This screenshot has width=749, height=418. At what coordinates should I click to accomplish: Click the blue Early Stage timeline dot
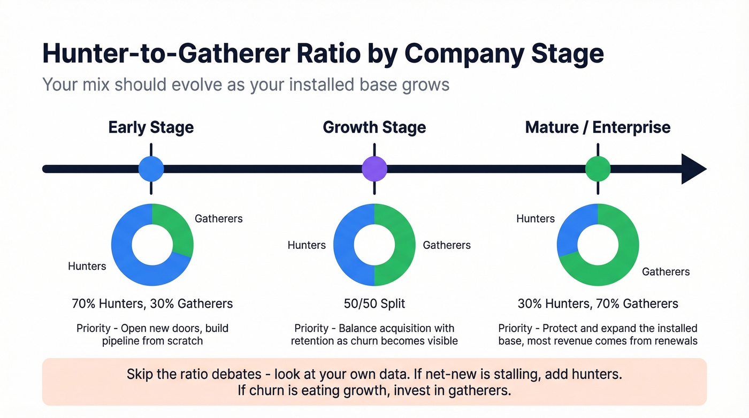pyautogui.click(x=151, y=169)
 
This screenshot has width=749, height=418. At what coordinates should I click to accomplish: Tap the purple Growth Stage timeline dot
pyautogui.click(x=374, y=169)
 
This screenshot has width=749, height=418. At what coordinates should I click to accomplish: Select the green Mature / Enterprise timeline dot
pyautogui.click(x=598, y=169)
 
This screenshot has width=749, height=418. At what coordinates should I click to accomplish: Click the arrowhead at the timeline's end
pyautogui.click(x=693, y=169)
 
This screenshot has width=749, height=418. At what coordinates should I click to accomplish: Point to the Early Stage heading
pyautogui.click(x=151, y=127)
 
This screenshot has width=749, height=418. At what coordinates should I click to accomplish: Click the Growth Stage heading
pyautogui.click(x=374, y=127)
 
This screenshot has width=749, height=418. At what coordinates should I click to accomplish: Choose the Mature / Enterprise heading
pyautogui.click(x=598, y=127)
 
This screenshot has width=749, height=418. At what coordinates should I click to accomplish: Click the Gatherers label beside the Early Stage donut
pyautogui.click(x=218, y=218)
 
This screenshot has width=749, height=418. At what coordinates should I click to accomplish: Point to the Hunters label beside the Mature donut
pyautogui.click(x=535, y=218)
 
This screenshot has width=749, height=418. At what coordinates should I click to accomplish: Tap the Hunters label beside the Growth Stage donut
pyautogui.click(x=307, y=245)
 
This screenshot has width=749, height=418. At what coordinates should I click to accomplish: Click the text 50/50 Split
pyautogui.click(x=374, y=304)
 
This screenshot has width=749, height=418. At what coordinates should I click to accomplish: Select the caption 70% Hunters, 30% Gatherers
pyautogui.click(x=152, y=304)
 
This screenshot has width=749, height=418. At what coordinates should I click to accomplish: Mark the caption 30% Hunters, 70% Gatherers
pyautogui.click(x=598, y=304)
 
